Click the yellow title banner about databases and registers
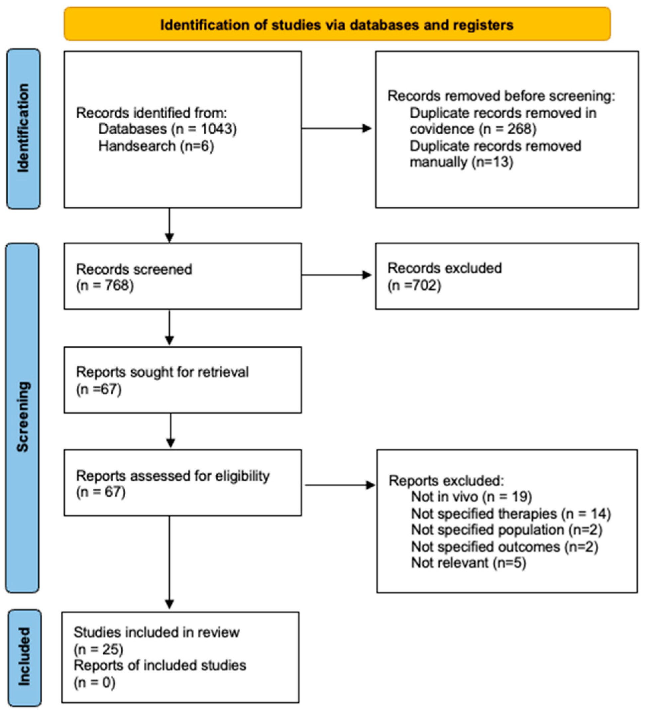[x=336, y=24]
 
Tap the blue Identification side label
[x=23, y=129]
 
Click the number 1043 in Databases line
[x=217, y=129]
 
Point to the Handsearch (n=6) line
[x=156, y=146]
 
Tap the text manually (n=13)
[x=461, y=162]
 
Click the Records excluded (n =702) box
[x=506, y=276]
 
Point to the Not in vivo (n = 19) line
[x=471, y=497]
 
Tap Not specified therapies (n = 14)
[x=510, y=514]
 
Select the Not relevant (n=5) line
[x=468, y=563]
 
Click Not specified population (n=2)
[x=506, y=530]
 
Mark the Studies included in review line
[x=156, y=633]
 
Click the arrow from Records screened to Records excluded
[x=336, y=275]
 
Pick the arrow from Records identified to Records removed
[x=336, y=129]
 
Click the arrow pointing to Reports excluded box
[x=340, y=485]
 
